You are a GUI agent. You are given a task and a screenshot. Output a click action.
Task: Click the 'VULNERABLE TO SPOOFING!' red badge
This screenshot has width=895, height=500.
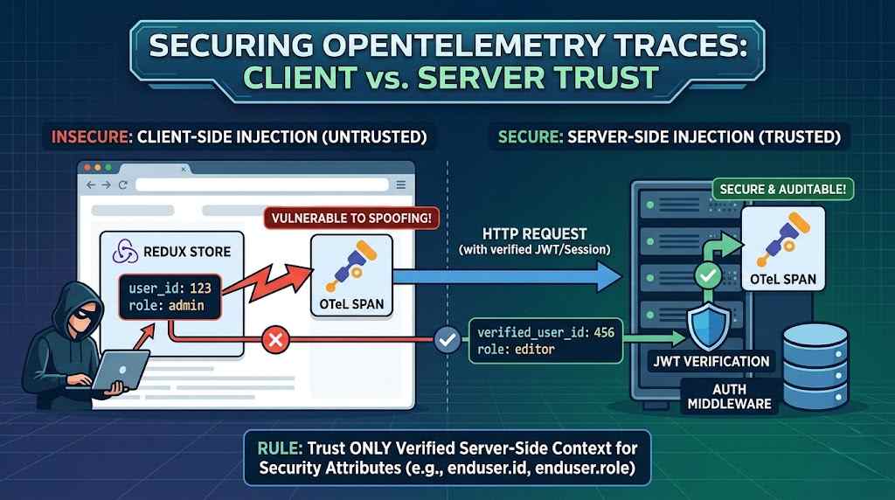351,218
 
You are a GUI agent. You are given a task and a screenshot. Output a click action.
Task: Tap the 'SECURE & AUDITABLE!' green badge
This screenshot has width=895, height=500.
782,189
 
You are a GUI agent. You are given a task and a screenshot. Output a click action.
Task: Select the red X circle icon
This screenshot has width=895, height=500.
275,340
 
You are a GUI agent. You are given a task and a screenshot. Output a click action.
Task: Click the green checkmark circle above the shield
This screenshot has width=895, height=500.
708,275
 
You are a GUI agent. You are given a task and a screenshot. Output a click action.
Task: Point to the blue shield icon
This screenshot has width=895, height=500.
708,326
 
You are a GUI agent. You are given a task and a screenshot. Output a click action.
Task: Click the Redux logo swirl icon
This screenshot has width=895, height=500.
125,251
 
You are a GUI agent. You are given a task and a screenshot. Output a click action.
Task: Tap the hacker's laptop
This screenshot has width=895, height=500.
119,371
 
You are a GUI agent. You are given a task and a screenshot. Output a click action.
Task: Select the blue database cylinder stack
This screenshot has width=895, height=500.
815,365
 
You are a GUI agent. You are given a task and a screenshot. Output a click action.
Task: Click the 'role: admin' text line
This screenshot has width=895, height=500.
166,305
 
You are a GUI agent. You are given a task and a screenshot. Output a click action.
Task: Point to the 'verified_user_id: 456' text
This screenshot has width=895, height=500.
545,332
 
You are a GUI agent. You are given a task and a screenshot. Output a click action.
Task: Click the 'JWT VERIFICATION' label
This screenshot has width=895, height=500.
711,361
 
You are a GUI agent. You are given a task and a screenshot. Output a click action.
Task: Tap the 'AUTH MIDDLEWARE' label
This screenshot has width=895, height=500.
730,397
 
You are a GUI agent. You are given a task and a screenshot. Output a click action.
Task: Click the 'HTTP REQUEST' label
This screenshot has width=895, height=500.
534,233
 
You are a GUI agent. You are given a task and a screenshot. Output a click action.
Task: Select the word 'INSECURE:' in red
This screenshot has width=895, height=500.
91,137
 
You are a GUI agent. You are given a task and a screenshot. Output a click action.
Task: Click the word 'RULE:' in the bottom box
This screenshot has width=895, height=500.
281,448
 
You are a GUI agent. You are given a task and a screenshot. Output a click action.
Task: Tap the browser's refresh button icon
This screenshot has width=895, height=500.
122,185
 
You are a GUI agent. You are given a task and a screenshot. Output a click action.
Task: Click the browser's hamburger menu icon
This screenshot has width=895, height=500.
400,185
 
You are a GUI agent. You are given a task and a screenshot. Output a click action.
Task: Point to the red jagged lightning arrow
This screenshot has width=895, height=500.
267,284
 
